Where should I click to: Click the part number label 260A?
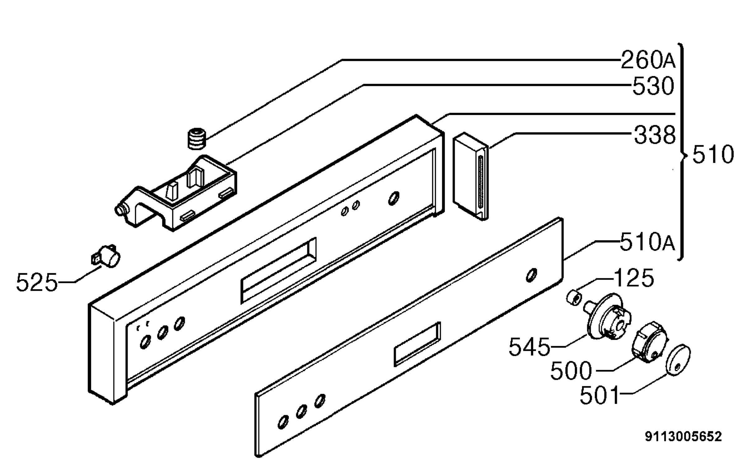pos(648,60)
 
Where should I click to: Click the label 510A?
pos(647,242)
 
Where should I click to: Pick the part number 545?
pos(529,347)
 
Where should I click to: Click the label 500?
pos(571,370)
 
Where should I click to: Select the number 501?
pos(599,395)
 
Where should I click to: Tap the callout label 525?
pos(37,282)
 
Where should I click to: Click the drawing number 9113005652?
pos(683,437)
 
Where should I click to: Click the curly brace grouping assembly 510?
pos(682,155)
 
